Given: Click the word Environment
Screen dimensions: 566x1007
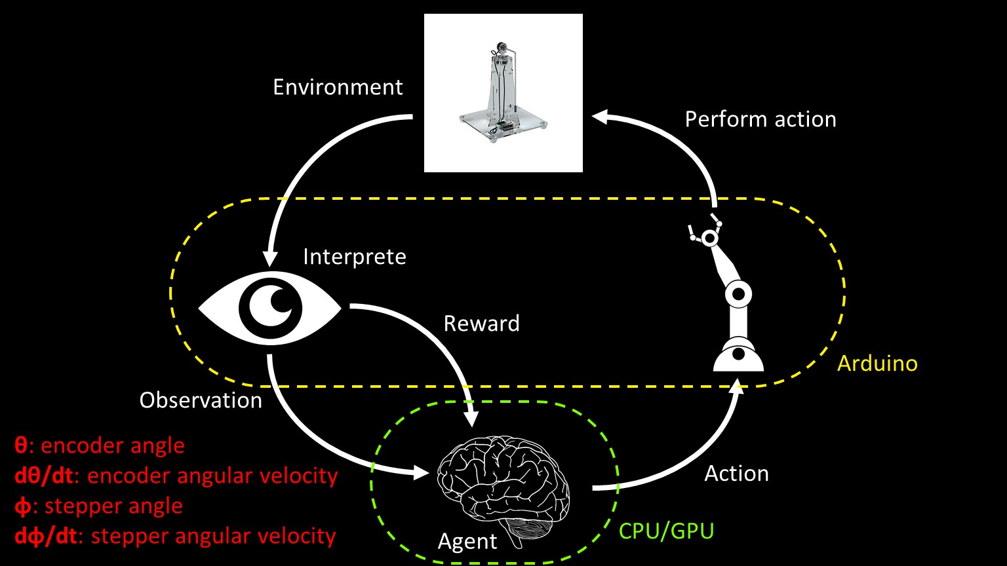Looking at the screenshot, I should pos(338,87).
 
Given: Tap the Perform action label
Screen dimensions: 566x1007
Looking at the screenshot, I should pos(760,119).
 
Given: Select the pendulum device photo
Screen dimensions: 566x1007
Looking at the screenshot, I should pos(503,93).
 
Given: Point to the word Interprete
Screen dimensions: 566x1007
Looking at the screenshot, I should pos(354,256).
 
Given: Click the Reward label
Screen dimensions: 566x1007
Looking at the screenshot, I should pos(481,324).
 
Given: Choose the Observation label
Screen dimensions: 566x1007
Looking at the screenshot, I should pos(201,400).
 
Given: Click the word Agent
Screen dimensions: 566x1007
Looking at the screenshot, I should pos(467,542).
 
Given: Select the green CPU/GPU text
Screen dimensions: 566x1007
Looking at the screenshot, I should pos(666,531).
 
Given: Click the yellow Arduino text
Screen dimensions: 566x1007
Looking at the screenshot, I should pos(877,363).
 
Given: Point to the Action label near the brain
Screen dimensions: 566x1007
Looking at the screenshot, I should pos(736,474).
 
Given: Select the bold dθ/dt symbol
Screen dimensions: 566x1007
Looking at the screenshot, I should pos(43,476).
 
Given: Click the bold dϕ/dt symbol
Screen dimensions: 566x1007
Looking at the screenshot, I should pos(43,536).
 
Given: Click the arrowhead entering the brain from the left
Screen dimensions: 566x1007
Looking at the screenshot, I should pos(422,472).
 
